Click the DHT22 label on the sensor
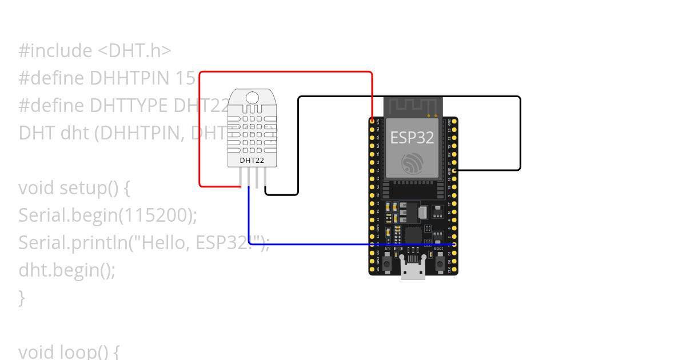coord(252,161)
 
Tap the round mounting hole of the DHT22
coord(252,97)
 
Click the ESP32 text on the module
coord(412,137)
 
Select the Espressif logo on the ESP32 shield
coord(412,164)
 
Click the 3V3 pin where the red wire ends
coord(372,121)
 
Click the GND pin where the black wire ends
coord(454,170)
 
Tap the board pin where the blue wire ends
coord(454,244)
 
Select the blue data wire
coord(343,244)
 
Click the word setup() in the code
coord(83,187)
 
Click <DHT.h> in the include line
coord(134,50)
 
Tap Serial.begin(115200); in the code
coord(107,215)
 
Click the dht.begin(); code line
coord(67,270)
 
